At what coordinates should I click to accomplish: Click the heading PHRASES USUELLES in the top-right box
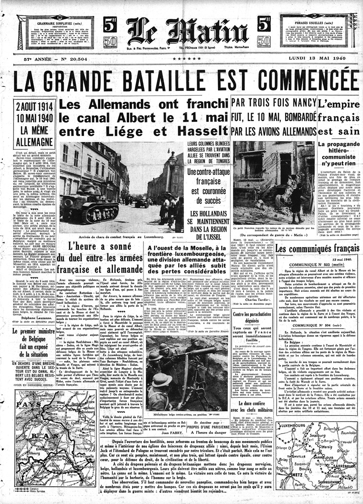point(314,23)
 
